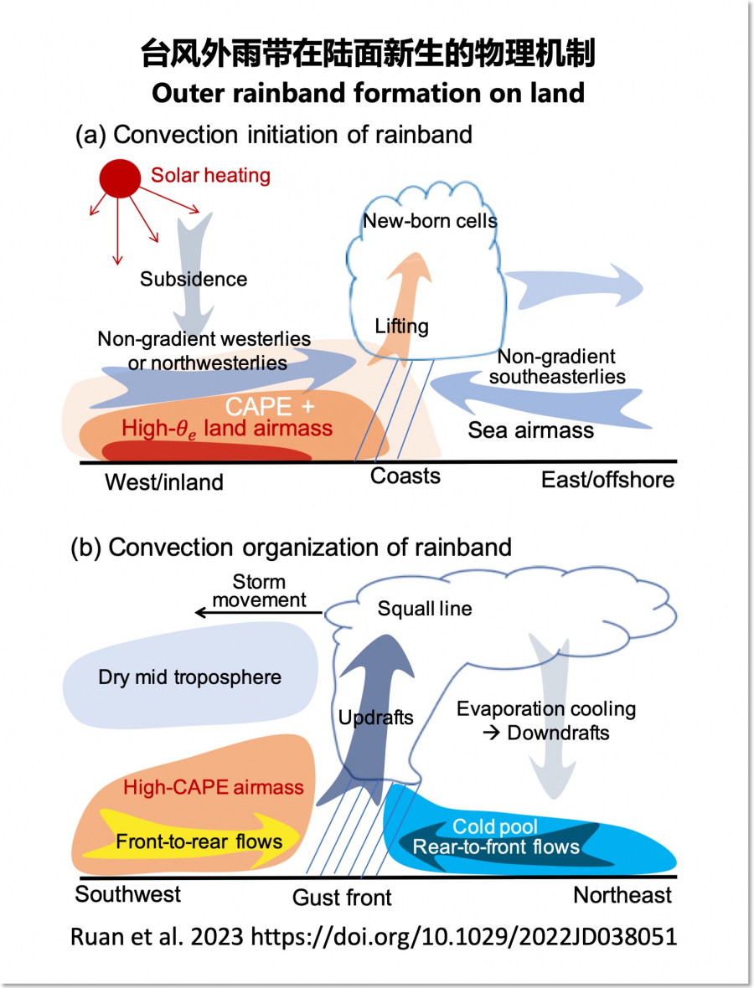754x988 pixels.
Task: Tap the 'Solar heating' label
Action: pyautogui.click(x=210, y=176)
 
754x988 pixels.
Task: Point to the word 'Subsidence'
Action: pyautogui.click(x=194, y=279)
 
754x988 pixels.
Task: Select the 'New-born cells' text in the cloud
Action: pyautogui.click(x=430, y=221)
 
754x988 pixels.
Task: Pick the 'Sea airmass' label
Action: pyautogui.click(x=530, y=430)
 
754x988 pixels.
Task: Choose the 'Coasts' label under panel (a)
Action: pyautogui.click(x=405, y=476)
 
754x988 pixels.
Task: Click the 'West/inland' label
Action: pyautogui.click(x=164, y=482)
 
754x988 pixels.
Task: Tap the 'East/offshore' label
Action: pyautogui.click(x=607, y=480)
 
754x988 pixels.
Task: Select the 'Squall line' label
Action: pyautogui.click(x=424, y=609)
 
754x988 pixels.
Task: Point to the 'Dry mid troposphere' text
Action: pyautogui.click(x=189, y=677)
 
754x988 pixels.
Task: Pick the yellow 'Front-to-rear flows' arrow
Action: pyautogui.click(x=199, y=840)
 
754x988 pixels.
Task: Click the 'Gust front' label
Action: pyautogui.click(x=342, y=898)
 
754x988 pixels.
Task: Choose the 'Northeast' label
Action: pyautogui.click(x=622, y=895)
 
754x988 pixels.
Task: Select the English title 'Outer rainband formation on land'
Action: pyautogui.click(x=368, y=92)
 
